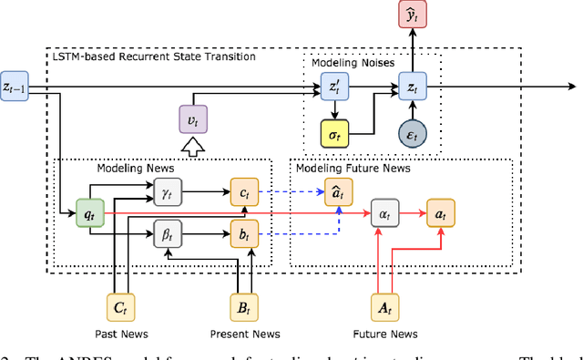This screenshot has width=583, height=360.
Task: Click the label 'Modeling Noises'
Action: pyautogui.click(x=346, y=63)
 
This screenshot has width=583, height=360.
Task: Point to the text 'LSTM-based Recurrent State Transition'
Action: pyautogui.click(x=153, y=57)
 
